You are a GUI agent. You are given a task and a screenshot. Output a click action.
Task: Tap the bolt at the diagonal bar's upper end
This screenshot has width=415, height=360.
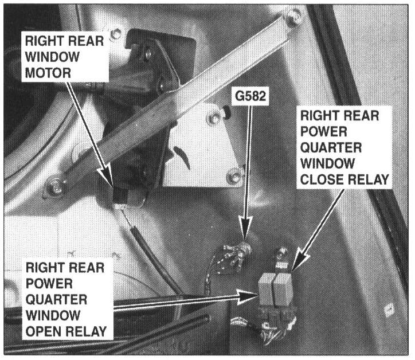pos(293,18)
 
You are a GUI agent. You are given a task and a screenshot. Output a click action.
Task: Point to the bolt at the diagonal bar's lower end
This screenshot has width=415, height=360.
pos(56,185)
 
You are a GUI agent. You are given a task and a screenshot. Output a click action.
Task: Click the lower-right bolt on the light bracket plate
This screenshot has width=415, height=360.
pos(233,176)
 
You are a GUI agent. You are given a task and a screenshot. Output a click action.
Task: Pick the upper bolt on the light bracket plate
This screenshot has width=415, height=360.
pos(216,119)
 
